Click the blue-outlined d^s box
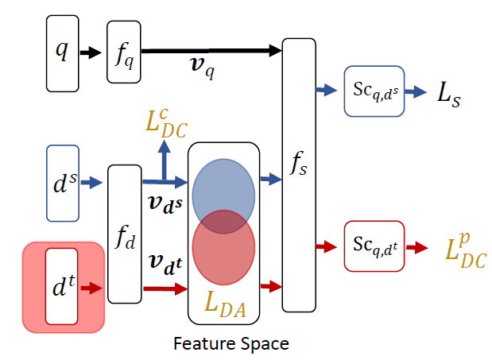pos(63,182)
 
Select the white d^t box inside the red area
pos(62,285)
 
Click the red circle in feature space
pos(223,246)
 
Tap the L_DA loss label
pos(223,301)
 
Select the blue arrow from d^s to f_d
pos(92,183)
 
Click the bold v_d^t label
pos(165,264)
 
